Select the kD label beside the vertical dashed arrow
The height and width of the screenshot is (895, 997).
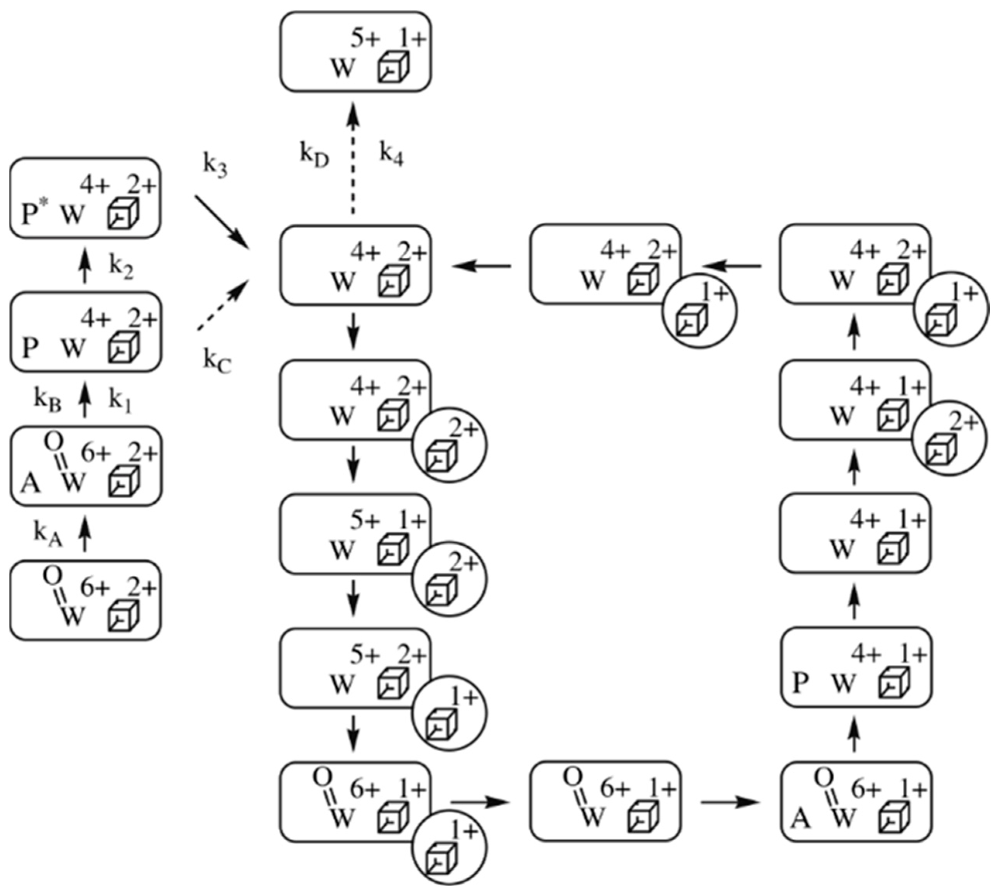314,156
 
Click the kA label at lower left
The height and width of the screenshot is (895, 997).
48,535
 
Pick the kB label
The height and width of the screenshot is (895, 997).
47,400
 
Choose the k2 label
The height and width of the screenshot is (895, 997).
121,268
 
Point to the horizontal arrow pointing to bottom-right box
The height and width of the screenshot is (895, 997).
730,802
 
